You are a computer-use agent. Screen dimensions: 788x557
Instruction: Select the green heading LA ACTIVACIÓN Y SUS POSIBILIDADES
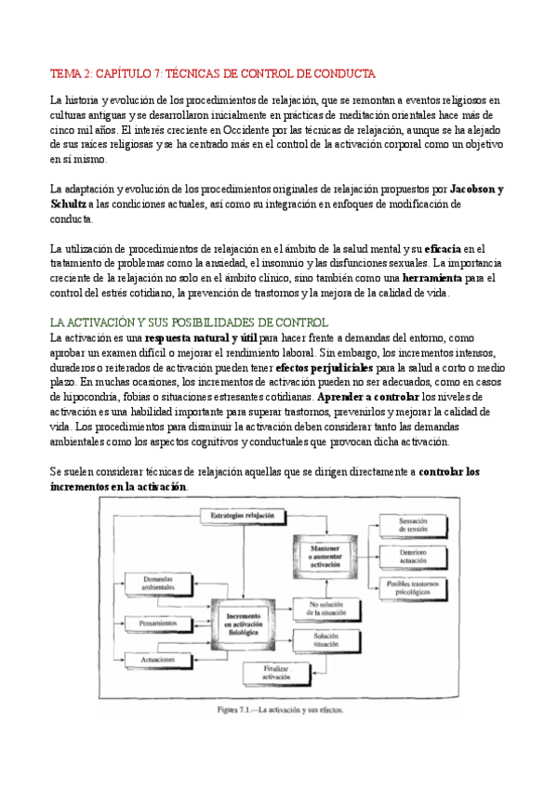(x=201, y=321)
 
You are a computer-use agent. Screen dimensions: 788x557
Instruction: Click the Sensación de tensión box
(x=413, y=525)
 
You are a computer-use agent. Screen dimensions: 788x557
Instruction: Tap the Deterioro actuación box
(x=413, y=555)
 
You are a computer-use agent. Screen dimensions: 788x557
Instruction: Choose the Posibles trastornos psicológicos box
(x=413, y=586)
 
